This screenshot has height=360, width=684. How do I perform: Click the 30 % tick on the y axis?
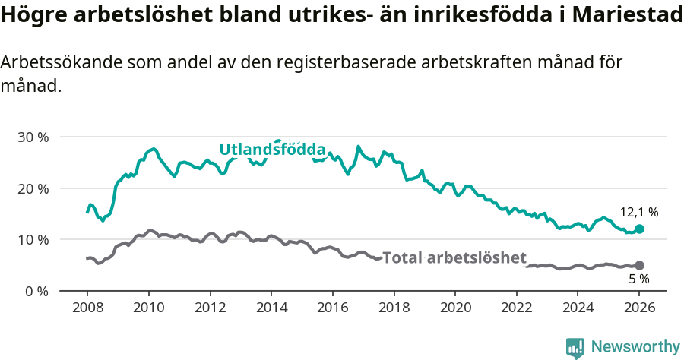[x=32, y=137]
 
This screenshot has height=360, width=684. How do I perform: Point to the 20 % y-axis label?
[x=32, y=188]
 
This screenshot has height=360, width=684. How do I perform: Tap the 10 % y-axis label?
[x=32, y=240]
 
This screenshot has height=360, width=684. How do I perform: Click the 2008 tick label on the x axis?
[x=87, y=309]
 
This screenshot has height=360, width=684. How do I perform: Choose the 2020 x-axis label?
[x=454, y=309]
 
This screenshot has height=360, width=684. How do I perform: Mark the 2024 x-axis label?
[x=578, y=309]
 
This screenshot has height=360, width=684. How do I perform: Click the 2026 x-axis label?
[x=639, y=309]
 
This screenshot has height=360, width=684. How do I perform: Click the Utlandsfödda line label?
[x=272, y=150]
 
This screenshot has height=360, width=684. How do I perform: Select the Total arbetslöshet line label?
[x=454, y=257]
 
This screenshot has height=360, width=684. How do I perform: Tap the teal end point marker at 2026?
[x=639, y=229]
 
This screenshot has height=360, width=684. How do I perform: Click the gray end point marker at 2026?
[x=639, y=265]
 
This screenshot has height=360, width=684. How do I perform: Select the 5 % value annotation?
[x=638, y=279]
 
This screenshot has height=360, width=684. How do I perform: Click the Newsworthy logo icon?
[x=575, y=347]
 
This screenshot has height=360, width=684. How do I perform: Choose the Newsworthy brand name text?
[x=635, y=347]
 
